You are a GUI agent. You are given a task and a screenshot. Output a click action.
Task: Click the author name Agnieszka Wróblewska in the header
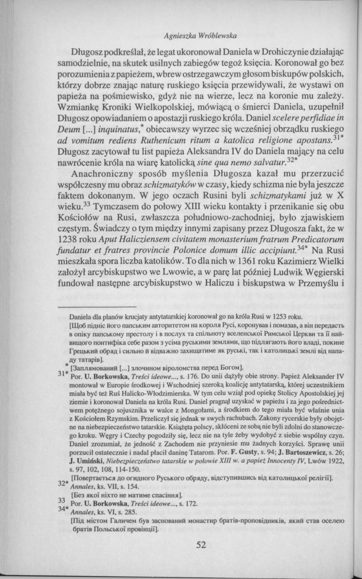200,36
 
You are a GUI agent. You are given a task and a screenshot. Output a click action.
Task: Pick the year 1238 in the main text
68,240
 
